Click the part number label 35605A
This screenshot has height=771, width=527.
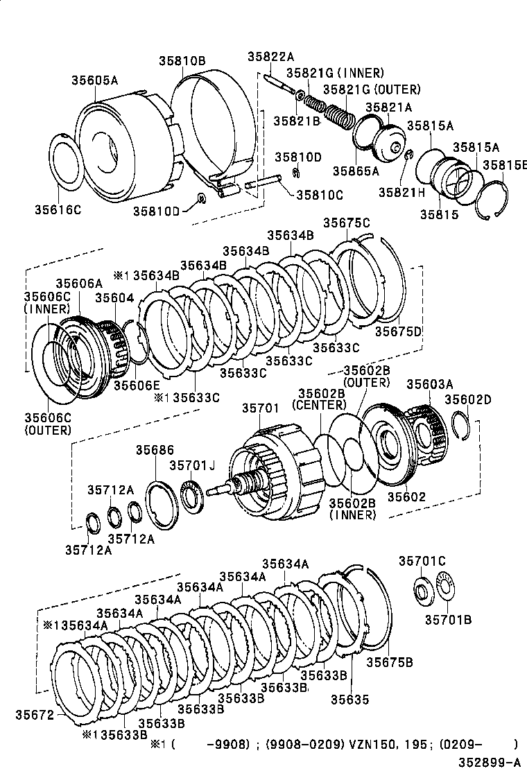pos(94,80)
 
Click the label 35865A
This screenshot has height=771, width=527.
pos(355,171)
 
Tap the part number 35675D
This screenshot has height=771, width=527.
pos(398,331)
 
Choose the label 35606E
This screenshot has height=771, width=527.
pos(137,385)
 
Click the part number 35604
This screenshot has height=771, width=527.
pos(114,298)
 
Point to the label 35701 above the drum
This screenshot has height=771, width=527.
pos(260,410)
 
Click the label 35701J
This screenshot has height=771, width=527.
pos(193,466)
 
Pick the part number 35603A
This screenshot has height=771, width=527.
pos(429,384)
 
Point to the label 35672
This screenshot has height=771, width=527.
pos(34,713)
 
